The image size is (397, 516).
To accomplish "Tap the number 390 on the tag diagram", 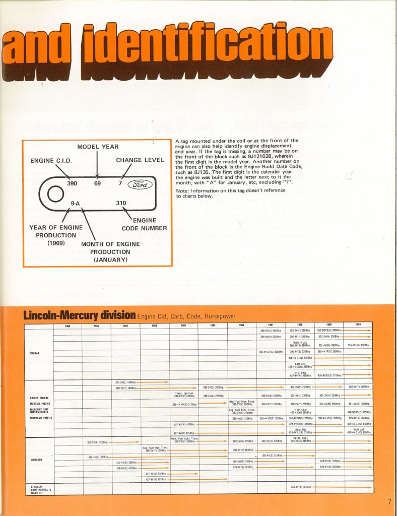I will (x=72, y=183).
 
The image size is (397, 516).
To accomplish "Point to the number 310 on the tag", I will (x=121, y=203).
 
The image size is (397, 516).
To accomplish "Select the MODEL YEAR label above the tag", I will (x=98, y=147).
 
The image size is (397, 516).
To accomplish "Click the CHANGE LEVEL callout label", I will (x=140, y=160).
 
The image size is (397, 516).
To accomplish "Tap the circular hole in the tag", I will (x=54, y=194).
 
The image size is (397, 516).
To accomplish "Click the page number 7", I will (x=389, y=501).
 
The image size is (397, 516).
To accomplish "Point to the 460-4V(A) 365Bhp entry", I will (x=300, y=487).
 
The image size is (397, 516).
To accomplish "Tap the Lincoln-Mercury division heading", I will (x=79, y=315).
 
